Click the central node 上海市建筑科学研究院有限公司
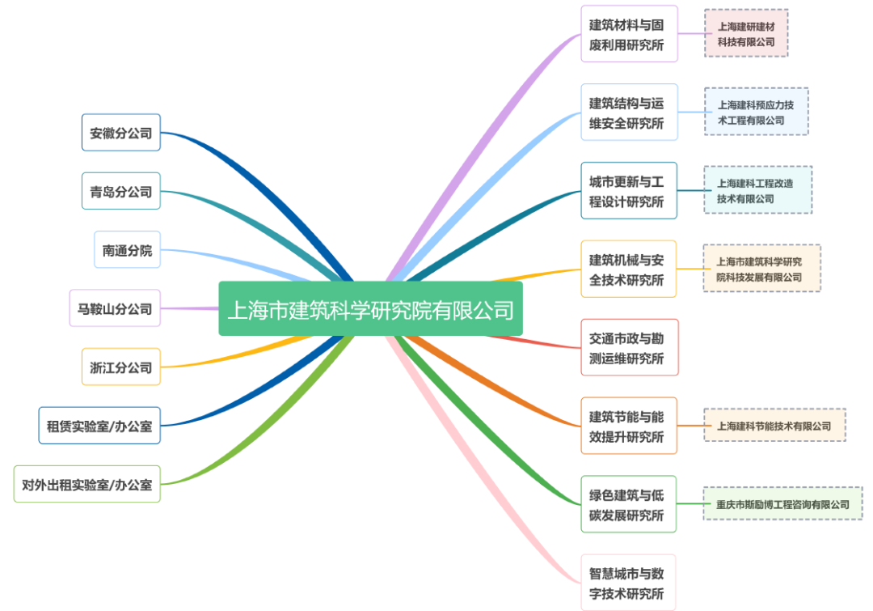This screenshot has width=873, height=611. [x=370, y=308]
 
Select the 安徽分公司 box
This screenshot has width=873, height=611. [x=121, y=132]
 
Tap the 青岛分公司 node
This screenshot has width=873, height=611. [x=121, y=191]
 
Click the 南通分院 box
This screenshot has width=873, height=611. [x=127, y=249]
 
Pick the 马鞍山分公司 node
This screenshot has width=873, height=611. [x=115, y=308]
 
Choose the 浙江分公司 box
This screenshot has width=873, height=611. [x=121, y=367]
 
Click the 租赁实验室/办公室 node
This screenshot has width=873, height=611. [x=99, y=425]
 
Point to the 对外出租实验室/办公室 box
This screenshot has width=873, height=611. [x=87, y=484]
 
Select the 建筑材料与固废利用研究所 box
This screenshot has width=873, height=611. [x=629, y=34]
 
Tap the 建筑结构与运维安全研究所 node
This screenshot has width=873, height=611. [x=629, y=112]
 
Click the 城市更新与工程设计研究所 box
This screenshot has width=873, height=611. [x=629, y=190]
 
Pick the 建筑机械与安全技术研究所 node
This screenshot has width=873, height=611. [x=629, y=269]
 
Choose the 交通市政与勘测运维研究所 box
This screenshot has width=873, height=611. [x=629, y=347]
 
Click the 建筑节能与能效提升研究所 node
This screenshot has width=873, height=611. [x=629, y=426]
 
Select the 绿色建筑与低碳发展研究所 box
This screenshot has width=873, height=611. [x=629, y=503]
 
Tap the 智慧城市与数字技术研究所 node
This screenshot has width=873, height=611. [x=629, y=582]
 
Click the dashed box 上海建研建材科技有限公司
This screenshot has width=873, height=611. [x=746, y=33]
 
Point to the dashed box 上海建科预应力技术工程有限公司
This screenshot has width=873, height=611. [x=756, y=112]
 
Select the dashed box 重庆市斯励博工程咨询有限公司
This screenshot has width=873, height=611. [x=782, y=503]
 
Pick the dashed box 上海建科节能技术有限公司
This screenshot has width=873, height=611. [x=774, y=425]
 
